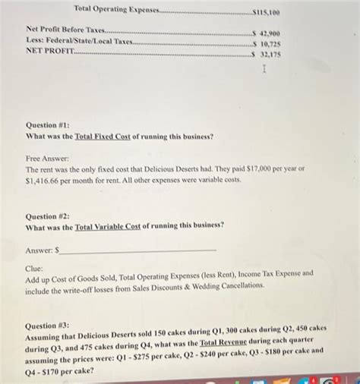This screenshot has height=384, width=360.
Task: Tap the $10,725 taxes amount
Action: (269, 44)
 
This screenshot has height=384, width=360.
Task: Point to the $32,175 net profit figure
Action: (269, 54)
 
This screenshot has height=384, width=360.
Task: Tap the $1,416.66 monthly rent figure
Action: (45, 181)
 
